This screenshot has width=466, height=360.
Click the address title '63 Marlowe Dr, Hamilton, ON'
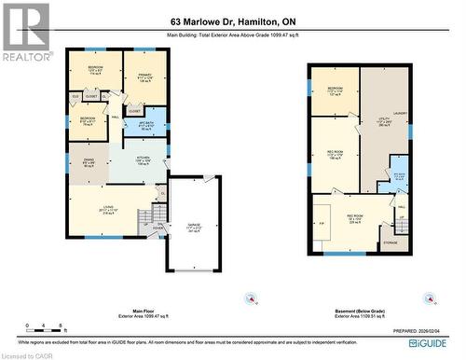coord(232,21)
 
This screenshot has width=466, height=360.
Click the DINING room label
coord(89,162)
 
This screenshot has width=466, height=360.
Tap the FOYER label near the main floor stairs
coord(158,226)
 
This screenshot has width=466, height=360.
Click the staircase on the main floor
coord(145,218)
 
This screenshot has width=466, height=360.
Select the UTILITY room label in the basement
coord(383,119)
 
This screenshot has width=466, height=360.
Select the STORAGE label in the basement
coord(390,242)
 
